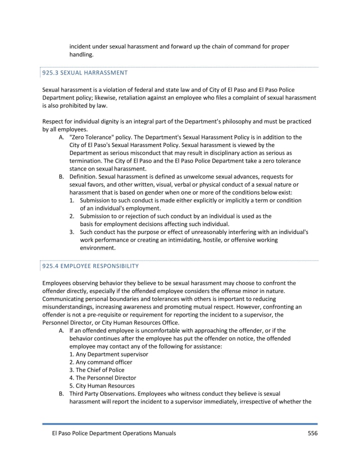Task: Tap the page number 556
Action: point(312,433)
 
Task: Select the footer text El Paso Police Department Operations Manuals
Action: point(109,433)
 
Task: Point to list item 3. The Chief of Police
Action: point(97,370)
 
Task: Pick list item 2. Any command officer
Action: point(100,362)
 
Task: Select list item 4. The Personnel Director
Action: point(102,378)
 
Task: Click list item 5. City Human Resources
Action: point(102,386)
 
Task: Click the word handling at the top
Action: point(81,54)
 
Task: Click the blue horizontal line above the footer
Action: point(180,424)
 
